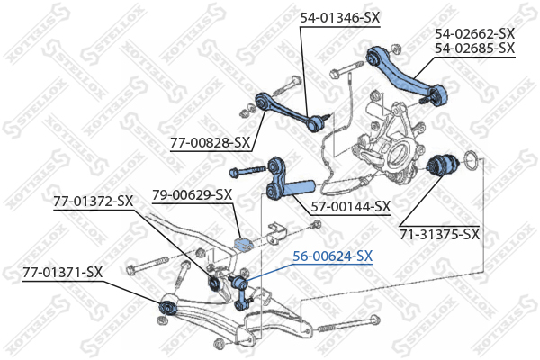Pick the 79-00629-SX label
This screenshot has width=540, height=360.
(x=192, y=193)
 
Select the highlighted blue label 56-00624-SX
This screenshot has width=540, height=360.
(x=331, y=256)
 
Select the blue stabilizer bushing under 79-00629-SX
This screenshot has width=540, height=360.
(x=240, y=244)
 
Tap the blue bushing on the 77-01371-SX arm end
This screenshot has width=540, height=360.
(x=166, y=308)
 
